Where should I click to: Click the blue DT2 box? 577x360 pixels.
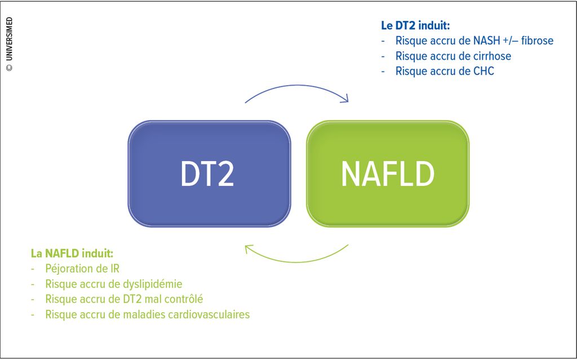(x=210, y=174)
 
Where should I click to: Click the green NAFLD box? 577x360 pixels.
(x=388, y=174)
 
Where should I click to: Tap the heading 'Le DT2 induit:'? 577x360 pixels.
(x=415, y=26)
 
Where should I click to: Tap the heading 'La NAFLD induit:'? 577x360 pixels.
(x=72, y=254)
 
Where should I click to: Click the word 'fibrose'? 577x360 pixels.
(x=537, y=41)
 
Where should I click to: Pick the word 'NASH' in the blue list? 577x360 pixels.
(x=486, y=41)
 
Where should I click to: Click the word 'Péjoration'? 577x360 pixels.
(x=70, y=269)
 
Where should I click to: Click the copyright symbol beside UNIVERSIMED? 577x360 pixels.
(x=9, y=68)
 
